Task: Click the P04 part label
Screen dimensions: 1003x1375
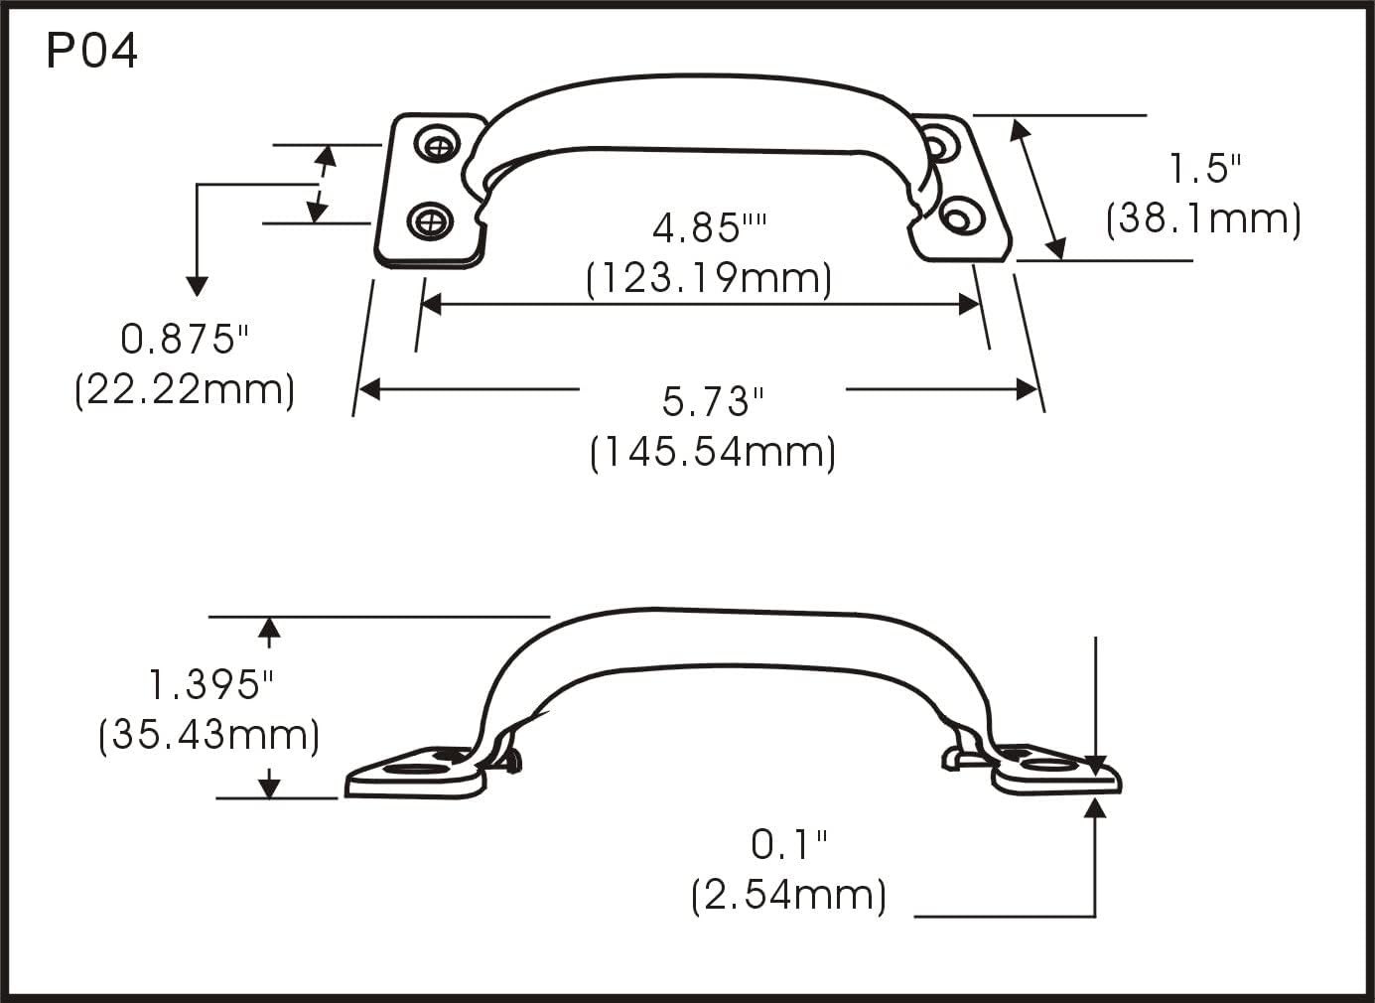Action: coord(91,52)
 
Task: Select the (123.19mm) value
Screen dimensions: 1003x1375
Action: coord(709,278)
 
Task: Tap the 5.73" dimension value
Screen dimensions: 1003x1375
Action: coord(713,402)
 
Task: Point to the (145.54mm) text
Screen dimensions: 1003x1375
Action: coord(713,453)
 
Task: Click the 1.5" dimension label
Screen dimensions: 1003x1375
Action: coord(1204,169)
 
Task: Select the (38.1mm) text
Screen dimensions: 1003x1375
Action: coord(1203,218)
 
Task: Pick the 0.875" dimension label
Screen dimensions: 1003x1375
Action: coord(184,340)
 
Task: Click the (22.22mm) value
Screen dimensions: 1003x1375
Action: coord(185,389)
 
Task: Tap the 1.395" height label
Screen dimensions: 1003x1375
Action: coord(210,685)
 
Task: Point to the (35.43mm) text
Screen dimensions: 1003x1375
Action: coord(209,736)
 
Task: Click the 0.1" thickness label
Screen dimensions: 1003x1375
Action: coord(788,845)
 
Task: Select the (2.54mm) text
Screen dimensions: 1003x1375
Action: coord(788,896)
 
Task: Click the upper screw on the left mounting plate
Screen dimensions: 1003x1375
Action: coord(438,146)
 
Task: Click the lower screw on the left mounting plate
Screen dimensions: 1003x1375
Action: coord(431,219)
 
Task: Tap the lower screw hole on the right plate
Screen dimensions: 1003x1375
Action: coord(958,215)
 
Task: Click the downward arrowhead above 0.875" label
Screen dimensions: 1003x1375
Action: coord(198,286)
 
